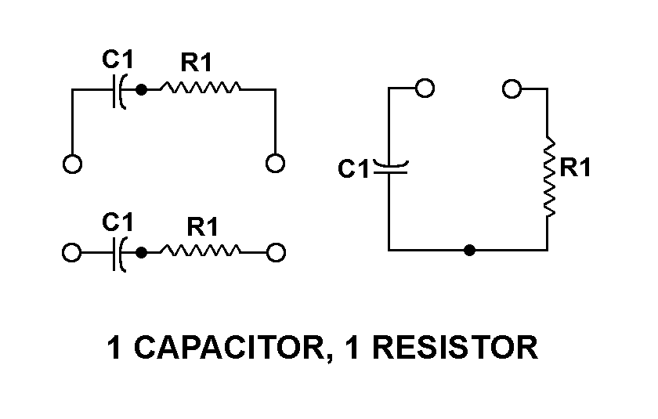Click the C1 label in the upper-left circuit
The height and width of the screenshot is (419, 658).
[x=117, y=59]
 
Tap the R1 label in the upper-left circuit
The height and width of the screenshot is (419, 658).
[x=197, y=63]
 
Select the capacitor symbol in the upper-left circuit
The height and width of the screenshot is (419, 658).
[x=119, y=90]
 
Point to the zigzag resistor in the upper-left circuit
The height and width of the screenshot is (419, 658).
[x=201, y=89]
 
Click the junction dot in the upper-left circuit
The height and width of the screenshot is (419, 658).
[x=141, y=90]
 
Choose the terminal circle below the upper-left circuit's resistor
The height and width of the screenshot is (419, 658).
[x=275, y=163]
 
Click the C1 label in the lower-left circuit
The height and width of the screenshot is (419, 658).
[x=117, y=222]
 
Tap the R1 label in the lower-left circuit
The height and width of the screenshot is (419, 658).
[x=202, y=228]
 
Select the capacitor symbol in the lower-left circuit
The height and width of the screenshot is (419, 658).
[x=119, y=253]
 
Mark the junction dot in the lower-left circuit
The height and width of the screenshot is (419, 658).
[x=141, y=253]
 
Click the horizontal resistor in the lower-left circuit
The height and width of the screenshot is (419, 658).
[x=201, y=252]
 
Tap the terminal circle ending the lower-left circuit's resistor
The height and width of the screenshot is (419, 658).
[x=276, y=253]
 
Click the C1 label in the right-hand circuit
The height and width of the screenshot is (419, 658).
[x=353, y=169]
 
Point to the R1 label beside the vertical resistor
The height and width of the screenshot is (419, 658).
[x=576, y=168]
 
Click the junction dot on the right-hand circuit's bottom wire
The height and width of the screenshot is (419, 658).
[x=468, y=251]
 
